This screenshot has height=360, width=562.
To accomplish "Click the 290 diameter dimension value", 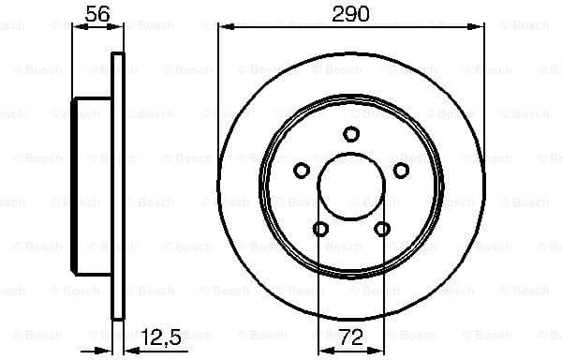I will (351, 14).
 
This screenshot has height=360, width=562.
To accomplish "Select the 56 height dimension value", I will (96, 13).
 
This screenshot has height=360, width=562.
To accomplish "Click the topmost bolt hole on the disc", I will (351, 134).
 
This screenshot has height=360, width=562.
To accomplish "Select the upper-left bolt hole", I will (302, 170).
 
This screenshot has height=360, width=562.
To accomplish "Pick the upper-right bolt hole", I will (401, 170).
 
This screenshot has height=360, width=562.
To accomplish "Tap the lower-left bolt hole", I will (320, 229).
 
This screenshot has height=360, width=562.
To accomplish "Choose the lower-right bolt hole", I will (382, 229).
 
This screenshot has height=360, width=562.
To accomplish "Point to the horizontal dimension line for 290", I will (281, 28).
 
